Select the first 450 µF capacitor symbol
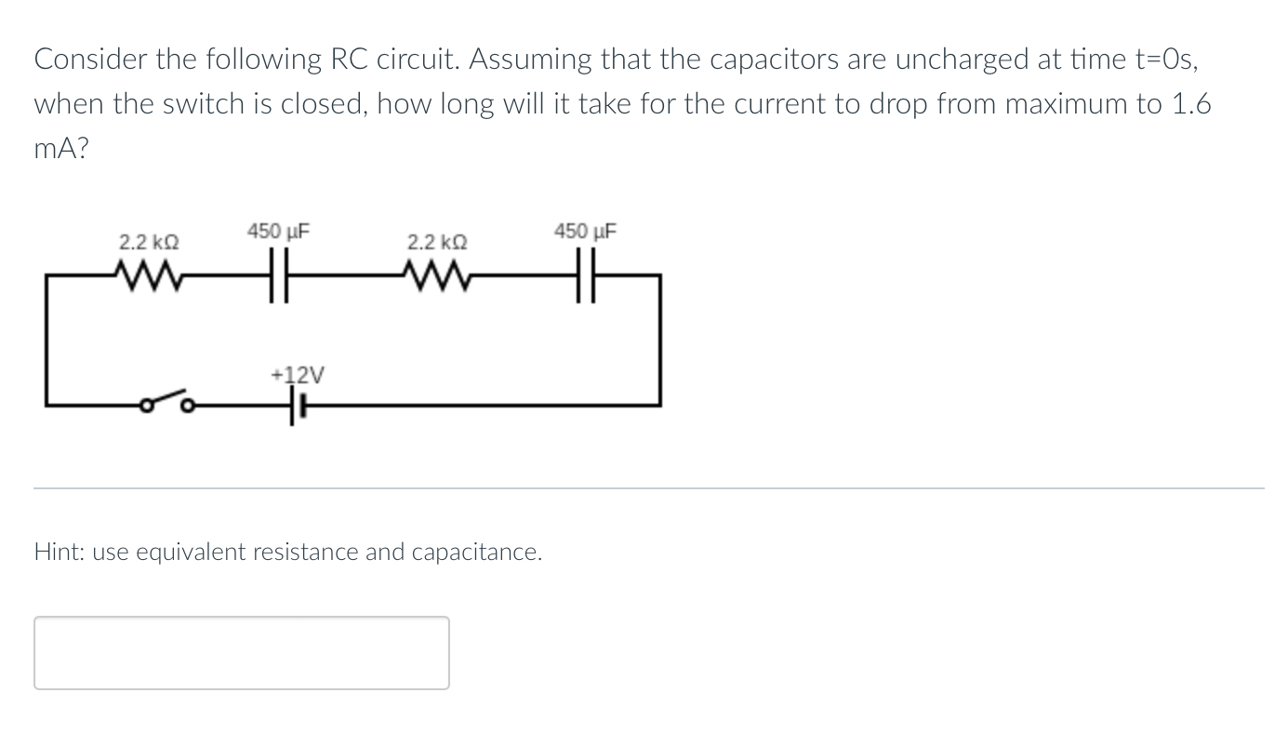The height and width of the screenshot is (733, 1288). pyautogui.click(x=279, y=276)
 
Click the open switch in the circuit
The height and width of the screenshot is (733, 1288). pyautogui.click(x=168, y=403)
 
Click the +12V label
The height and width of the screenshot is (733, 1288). pyautogui.click(x=297, y=375)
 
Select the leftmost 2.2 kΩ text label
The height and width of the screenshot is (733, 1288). pyautogui.click(x=149, y=243)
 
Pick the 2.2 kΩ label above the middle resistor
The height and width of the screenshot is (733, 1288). pyautogui.click(x=437, y=243)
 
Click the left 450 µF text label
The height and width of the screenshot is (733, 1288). pyautogui.click(x=278, y=230)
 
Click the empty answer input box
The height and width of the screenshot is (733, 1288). pyautogui.click(x=242, y=653)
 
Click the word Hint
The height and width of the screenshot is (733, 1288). pyautogui.click(x=60, y=552)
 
